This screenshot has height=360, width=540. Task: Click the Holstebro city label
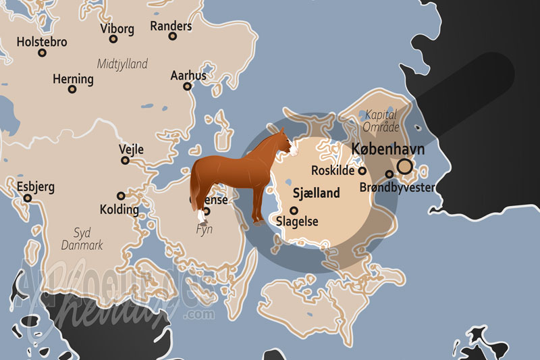41,42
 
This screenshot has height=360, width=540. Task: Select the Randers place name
171,26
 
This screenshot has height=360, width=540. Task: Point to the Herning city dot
72,89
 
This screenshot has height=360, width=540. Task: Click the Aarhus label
188,76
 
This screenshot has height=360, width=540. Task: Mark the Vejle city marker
125,161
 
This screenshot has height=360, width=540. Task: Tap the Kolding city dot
121,195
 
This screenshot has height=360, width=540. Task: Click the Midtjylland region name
122,64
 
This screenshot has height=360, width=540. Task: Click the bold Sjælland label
316,193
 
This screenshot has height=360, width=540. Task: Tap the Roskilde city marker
362,171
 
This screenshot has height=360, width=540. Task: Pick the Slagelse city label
298,222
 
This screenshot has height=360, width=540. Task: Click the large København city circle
405,165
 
